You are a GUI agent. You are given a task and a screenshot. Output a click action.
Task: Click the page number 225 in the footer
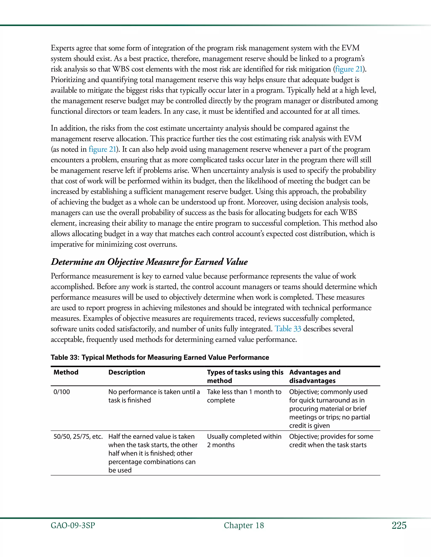click(399, 525)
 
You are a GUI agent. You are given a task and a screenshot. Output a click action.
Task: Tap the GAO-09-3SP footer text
click(73, 526)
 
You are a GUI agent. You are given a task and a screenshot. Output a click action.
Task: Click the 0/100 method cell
click(61, 392)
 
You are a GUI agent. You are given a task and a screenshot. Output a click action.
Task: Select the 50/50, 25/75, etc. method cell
click(78, 436)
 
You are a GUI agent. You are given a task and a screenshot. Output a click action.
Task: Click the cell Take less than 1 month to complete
click(244, 396)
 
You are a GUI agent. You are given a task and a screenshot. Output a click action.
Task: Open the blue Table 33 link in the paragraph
click(288, 329)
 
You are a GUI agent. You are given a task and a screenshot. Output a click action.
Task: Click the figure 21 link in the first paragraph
click(349, 69)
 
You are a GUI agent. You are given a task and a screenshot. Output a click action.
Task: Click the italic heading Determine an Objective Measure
click(149, 262)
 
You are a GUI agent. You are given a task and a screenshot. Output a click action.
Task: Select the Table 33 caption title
click(160, 357)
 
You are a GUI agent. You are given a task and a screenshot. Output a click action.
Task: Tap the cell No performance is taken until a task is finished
click(154, 396)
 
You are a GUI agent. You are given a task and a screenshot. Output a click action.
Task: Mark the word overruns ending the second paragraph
click(163, 244)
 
